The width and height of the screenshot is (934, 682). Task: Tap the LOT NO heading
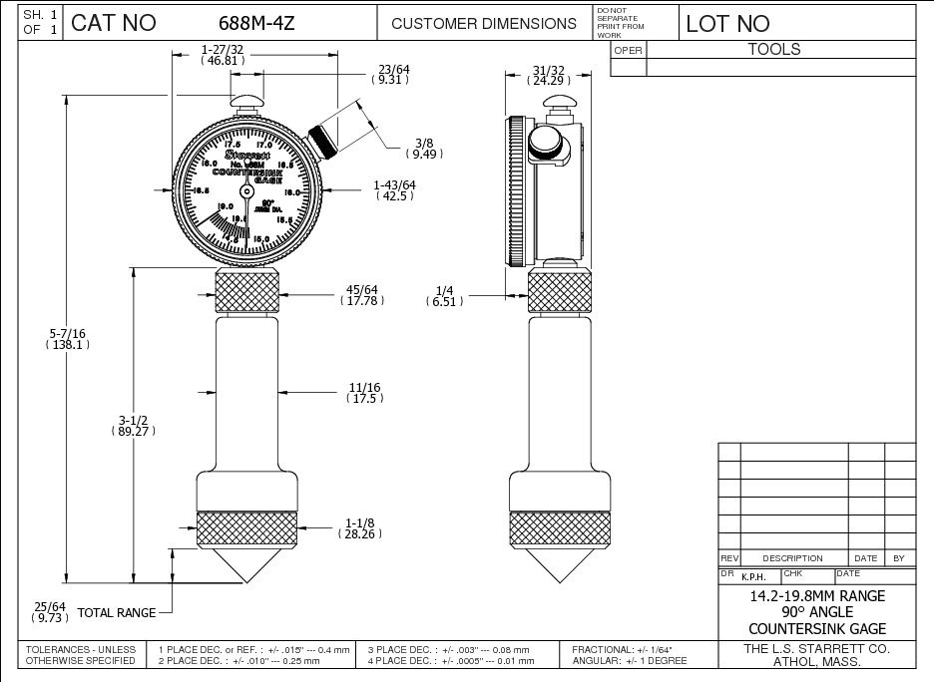[x=727, y=23]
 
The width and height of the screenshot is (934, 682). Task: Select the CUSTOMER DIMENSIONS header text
[x=483, y=23]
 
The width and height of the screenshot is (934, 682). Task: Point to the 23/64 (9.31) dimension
[x=388, y=74]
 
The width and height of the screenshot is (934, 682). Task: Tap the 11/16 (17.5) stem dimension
[x=365, y=392]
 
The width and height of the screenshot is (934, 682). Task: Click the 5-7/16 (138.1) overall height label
[x=68, y=337]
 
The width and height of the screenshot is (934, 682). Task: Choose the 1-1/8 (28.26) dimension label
[x=362, y=528]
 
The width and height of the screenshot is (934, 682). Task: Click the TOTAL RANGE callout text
[x=117, y=613]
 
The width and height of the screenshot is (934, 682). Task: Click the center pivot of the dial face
[x=246, y=189]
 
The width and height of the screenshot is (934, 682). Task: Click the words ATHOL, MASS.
[x=816, y=661]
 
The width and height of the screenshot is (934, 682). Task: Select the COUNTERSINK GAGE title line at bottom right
[x=816, y=628]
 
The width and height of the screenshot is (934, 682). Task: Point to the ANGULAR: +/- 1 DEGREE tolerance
[x=629, y=661]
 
